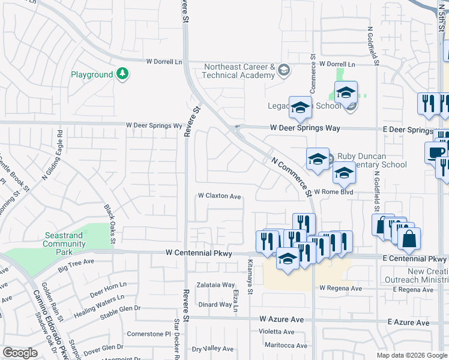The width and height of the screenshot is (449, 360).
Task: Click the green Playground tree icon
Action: coord(122,74)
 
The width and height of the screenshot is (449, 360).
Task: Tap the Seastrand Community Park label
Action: coord(64,240)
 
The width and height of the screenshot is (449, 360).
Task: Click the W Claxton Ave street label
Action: coord(220,196)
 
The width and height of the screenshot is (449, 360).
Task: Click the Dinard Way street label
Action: coord(215,304)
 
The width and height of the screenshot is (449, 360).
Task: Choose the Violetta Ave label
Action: coord(277,331)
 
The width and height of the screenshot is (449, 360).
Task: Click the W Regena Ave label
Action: coord(340,289)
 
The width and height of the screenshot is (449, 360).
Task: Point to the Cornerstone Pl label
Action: coord(148,334)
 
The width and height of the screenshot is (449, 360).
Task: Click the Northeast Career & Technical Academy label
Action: coord(238,71)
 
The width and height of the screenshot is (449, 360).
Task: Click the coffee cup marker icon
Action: coord(436,152)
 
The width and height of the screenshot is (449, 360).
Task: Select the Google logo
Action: coord(20,353)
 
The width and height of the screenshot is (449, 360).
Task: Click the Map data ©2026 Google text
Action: coord(411,355)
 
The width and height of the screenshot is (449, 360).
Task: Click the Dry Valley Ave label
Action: coord(213,349)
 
